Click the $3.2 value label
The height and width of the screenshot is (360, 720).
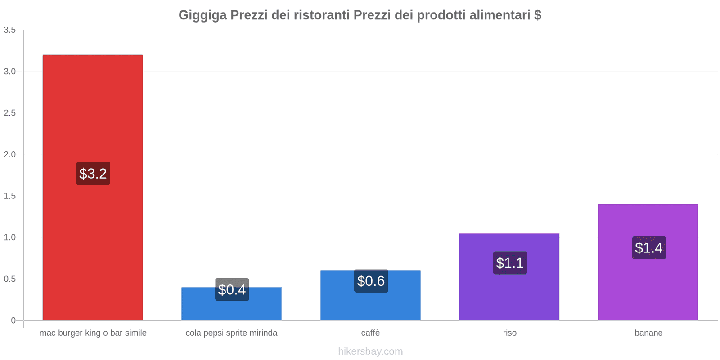click(93, 174)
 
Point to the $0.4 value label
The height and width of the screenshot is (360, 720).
click(232, 290)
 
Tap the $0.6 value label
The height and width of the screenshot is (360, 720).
click(371, 281)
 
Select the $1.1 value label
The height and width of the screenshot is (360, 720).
click(510, 263)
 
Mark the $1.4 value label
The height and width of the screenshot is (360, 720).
click(648, 248)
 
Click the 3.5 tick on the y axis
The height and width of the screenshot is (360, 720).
click(10, 30)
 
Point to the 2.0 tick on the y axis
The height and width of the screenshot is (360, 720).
click(10, 154)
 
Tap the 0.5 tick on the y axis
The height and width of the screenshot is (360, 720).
click(10, 279)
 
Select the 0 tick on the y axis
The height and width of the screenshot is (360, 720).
click(13, 320)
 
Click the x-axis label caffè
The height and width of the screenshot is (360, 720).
click(370, 333)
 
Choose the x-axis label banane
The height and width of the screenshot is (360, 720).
click(648, 333)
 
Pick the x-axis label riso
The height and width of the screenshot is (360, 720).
click(509, 333)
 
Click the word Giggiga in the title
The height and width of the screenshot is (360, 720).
click(202, 15)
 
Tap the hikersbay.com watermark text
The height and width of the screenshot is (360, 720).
click(370, 351)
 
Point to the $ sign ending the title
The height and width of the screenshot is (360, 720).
click(538, 15)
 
